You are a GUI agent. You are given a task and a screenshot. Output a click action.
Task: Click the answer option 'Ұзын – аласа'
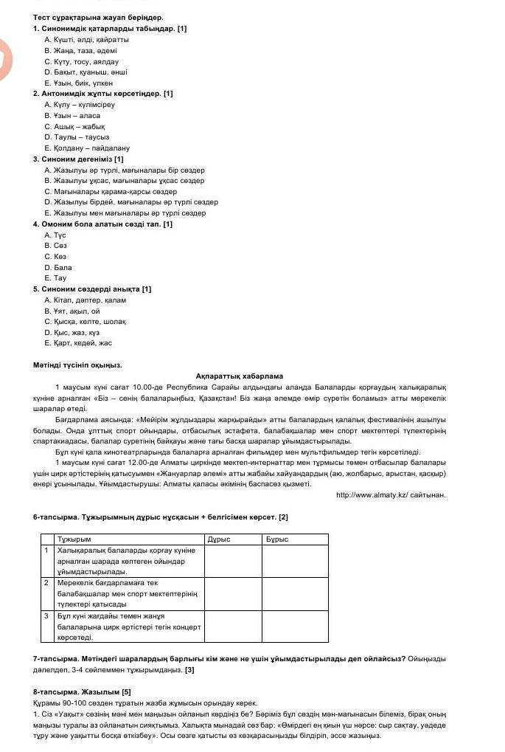click(x=72, y=116)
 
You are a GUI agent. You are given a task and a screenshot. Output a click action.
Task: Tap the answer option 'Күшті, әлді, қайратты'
click(x=86, y=39)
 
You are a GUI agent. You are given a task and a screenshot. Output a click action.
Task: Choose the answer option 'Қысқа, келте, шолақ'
click(x=85, y=322)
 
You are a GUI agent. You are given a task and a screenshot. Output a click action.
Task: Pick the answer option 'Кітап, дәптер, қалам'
click(x=85, y=300)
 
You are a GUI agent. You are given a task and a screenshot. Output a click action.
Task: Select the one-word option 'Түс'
click(x=55, y=235)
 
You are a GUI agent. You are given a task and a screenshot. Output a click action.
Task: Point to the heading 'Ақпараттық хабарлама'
click(x=240, y=376)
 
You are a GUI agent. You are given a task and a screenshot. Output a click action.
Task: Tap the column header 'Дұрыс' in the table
click(x=219, y=539)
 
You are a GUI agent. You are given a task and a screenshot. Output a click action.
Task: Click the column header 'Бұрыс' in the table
click(x=277, y=539)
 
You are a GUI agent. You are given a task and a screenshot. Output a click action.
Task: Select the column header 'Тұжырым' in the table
click(x=74, y=539)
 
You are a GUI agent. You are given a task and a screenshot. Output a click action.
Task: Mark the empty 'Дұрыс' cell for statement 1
click(x=233, y=561)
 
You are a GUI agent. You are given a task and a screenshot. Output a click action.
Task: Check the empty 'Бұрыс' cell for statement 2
click(x=295, y=593)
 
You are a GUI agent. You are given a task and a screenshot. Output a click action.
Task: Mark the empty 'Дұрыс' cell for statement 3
click(x=233, y=626)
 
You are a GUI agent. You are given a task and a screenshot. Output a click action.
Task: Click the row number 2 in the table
click(x=46, y=583)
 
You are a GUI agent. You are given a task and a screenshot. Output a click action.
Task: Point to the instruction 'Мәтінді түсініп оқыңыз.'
click(x=77, y=365)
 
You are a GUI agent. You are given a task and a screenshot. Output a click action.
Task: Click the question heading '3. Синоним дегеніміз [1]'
click(x=78, y=159)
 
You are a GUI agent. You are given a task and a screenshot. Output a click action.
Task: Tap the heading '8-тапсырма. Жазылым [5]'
click(x=82, y=691)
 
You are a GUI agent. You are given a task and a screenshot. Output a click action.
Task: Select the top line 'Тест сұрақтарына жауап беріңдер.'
click(x=98, y=17)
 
